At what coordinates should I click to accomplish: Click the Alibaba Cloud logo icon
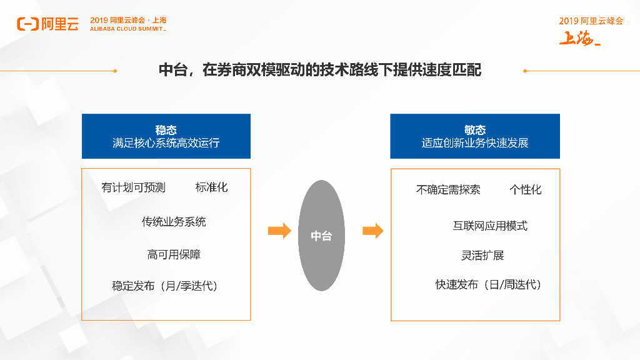[x=27, y=24]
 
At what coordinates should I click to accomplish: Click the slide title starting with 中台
[x=320, y=70]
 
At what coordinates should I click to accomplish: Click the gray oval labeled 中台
[x=321, y=236]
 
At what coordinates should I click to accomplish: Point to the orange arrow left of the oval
[x=279, y=231]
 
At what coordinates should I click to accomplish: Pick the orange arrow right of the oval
[x=373, y=231]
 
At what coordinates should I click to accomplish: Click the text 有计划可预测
[x=133, y=187]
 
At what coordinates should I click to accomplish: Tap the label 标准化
[x=211, y=187]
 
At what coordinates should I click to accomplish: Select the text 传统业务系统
[x=174, y=222]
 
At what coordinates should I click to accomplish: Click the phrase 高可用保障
[x=174, y=254]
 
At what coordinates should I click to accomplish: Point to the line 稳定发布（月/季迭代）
[x=166, y=286]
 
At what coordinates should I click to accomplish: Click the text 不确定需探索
[x=448, y=189]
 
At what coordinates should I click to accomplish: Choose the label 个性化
[x=525, y=189]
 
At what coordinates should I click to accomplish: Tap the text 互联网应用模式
[x=490, y=226]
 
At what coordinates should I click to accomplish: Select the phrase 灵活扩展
[x=482, y=255]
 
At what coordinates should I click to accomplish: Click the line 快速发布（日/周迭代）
[x=489, y=285]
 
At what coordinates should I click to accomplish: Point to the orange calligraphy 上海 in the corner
[x=579, y=39]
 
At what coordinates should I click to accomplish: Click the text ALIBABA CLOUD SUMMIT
[x=127, y=29]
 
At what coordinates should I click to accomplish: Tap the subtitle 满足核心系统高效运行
[x=166, y=143]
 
